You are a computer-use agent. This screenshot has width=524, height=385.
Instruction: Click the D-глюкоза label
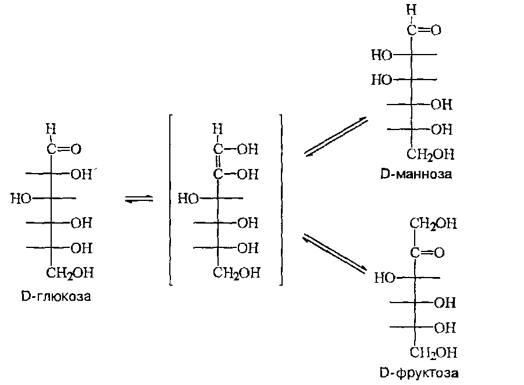pyautogui.click(x=56, y=297)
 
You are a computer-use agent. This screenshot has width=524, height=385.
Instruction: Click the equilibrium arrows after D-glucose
pyautogui.click(x=139, y=199)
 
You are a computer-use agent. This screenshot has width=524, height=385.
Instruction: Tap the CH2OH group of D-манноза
pyautogui.click(x=430, y=154)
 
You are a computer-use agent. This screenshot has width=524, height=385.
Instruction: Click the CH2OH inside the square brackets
pyautogui.click(x=236, y=272)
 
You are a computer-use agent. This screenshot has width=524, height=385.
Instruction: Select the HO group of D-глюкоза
pyautogui.click(x=21, y=199)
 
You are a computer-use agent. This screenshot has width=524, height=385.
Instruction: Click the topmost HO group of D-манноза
pyautogui.click(x=382, y=55)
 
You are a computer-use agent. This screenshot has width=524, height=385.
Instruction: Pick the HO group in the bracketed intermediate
pyautogui.click(x=188, y=199)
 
